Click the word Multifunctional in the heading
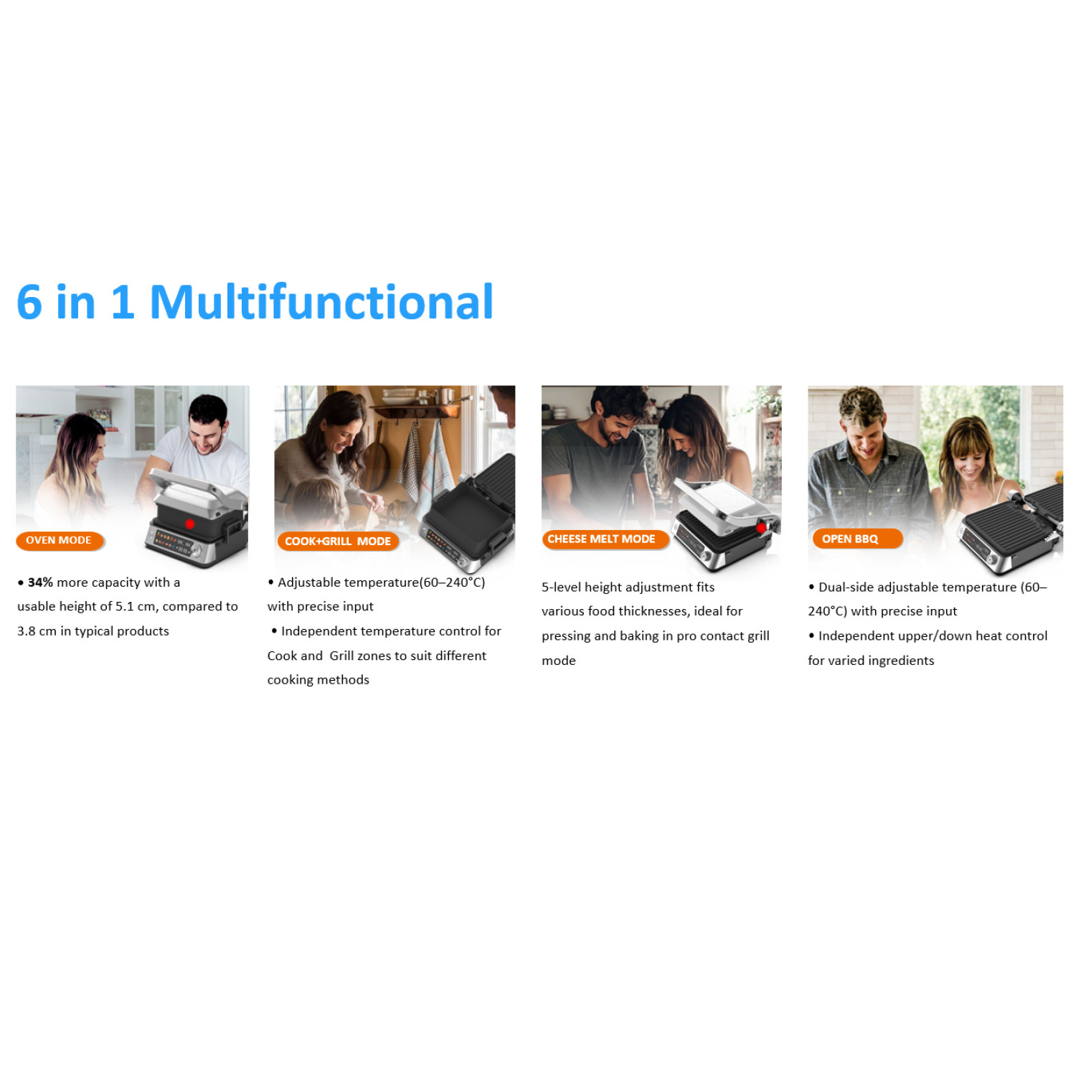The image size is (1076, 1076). tap(321, 302)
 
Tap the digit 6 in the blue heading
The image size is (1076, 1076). tap(29, 302)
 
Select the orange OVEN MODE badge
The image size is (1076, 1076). tap(60, 541)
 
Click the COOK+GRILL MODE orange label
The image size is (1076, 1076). tap(338, 542)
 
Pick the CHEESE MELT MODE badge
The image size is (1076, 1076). tap(604, 539)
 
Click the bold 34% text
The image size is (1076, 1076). tap(40, 582)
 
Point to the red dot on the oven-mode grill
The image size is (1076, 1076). tap(189, 524)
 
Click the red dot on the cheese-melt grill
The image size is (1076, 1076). tap(761, 528)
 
